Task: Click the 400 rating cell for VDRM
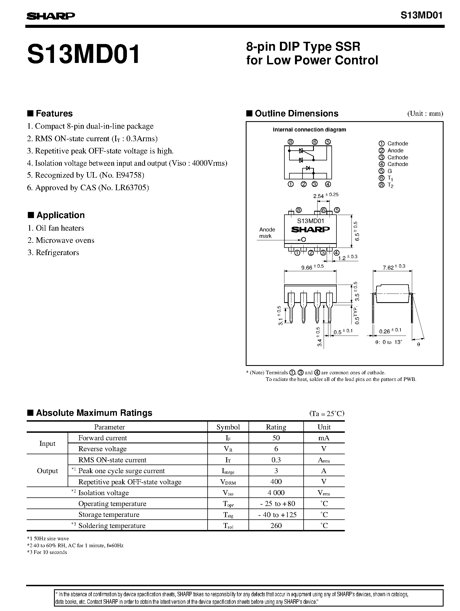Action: tap(276, 482)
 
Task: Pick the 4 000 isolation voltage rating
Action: tap(276, 493)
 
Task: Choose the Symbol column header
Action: tap(228, 427)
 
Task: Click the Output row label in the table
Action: tap(47, 471)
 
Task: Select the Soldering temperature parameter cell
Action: tap(112, 526)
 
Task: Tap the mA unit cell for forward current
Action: tap(324, 438)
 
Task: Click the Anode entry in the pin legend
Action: tap(395, 150)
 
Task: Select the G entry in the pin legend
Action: tap(390, 171)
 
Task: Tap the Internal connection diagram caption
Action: tap(309, 130)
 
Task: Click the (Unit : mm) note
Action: tap(425, 114)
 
